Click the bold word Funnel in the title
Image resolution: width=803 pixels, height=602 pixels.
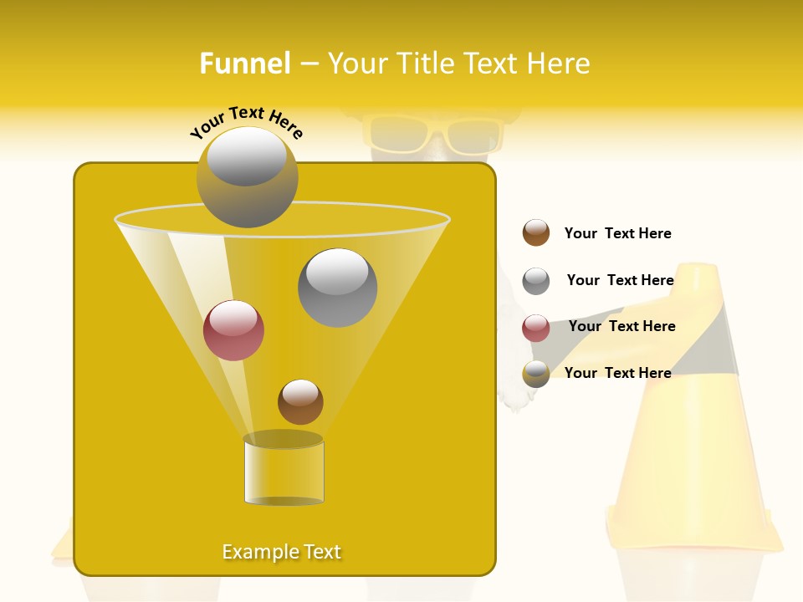pos(245,64)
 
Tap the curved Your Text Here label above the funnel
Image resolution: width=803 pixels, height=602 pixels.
pos(247,122)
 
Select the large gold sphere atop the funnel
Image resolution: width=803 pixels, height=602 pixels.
pos(247,177)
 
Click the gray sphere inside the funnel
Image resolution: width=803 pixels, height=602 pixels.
pos(337,287)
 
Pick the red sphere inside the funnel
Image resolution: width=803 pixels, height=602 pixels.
pos(233,330)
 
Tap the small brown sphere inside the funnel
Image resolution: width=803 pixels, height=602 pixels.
pos(300,402)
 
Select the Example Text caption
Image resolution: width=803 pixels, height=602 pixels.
pos(282,552)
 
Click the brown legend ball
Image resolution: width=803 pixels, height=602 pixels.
pos(536,233)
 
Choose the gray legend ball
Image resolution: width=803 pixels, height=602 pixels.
pos(536,281)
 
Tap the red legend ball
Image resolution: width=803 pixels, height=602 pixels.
pos(536,328)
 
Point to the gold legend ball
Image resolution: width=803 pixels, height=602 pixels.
pos(536,374)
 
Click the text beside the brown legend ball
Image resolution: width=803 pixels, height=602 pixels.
pos(617,233)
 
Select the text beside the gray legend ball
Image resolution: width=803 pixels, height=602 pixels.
pos(620,280)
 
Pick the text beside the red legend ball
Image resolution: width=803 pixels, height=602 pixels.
pos(621,326)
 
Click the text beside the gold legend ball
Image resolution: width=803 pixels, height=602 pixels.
pos(617,373)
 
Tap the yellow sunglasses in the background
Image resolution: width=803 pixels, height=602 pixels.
pos(432,134)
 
